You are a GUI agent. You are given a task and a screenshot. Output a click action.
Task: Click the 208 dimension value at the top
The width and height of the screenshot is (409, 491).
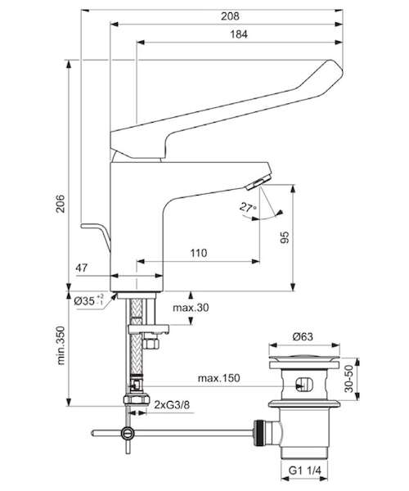click(x=230, y=16)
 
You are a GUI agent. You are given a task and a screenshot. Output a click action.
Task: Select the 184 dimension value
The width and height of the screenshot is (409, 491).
click(x=239, y=34)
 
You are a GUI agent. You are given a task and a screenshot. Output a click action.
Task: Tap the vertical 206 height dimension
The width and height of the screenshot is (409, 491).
click(x=60, y=204)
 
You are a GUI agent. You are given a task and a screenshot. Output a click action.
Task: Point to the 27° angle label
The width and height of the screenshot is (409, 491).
click(x=248, y=207)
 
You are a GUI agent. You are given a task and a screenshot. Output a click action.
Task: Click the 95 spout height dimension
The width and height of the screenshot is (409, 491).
click(x=285, y=237)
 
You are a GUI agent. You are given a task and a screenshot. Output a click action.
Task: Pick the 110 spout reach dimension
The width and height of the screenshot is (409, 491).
click(x=199, y=253)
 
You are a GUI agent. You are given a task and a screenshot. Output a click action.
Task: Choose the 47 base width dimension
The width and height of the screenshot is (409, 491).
click(x=82, y=268)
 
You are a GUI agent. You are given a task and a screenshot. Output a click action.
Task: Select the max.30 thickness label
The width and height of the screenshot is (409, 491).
click(x=191, y=308)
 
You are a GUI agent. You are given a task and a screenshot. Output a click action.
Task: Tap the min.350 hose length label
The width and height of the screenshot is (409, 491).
click(x=61, y=345)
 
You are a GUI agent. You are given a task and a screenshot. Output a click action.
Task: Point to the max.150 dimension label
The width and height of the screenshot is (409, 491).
click(x=219, y=378)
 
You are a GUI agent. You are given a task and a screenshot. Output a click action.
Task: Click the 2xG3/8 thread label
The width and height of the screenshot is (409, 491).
click(x=172, y=405)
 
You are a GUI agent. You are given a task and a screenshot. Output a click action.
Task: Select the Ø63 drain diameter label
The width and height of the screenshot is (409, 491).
click(x=303, y=336)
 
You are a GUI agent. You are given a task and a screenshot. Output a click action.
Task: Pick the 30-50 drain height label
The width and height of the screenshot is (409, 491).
click(x=348, y=379)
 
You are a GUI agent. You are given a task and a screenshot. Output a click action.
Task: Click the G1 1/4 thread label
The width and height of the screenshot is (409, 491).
click(x=305, y=471)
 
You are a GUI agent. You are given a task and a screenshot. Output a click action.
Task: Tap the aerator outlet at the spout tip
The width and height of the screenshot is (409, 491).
click(x=258, y=182)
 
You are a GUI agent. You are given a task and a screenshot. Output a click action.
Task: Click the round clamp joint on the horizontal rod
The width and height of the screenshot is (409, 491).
click(x=128, y=434)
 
